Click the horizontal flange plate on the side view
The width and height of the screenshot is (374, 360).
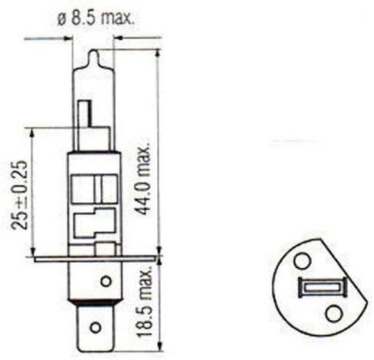92,259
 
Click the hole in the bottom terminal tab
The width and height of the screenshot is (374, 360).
95,326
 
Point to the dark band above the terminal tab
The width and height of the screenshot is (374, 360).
93,303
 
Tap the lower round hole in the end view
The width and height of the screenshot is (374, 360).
331,313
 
